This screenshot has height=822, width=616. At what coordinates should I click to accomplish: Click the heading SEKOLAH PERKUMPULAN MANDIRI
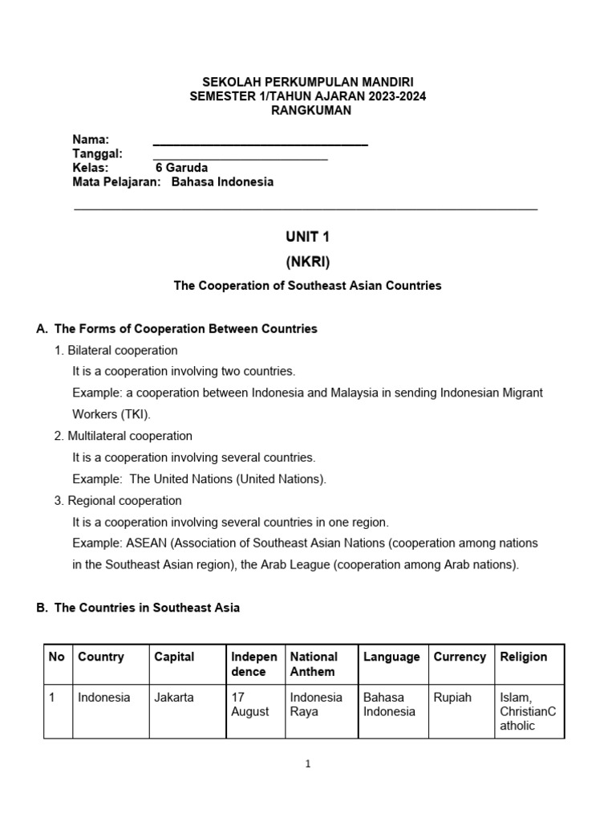click(308, 82)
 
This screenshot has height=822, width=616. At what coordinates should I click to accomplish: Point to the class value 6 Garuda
click(181, 168)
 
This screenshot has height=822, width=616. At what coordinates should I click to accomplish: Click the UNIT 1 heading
click(308, 237)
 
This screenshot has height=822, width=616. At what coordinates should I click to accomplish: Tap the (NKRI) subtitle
click(308, 262)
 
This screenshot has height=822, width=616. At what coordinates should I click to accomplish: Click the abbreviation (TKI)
click(134, 414)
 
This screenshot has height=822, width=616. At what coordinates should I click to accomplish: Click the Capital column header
click(174, 657)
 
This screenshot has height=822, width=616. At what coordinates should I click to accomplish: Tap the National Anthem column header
click(314, 664)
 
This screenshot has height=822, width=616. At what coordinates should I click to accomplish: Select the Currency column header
click(460, 657)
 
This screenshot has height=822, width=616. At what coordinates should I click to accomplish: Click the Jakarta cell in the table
click(174, 698)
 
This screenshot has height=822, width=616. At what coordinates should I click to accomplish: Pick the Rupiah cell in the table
click(453, 698)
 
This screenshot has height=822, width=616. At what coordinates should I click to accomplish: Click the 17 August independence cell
click(250, 704)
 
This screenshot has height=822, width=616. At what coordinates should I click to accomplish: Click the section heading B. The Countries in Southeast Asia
click(138, 608)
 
